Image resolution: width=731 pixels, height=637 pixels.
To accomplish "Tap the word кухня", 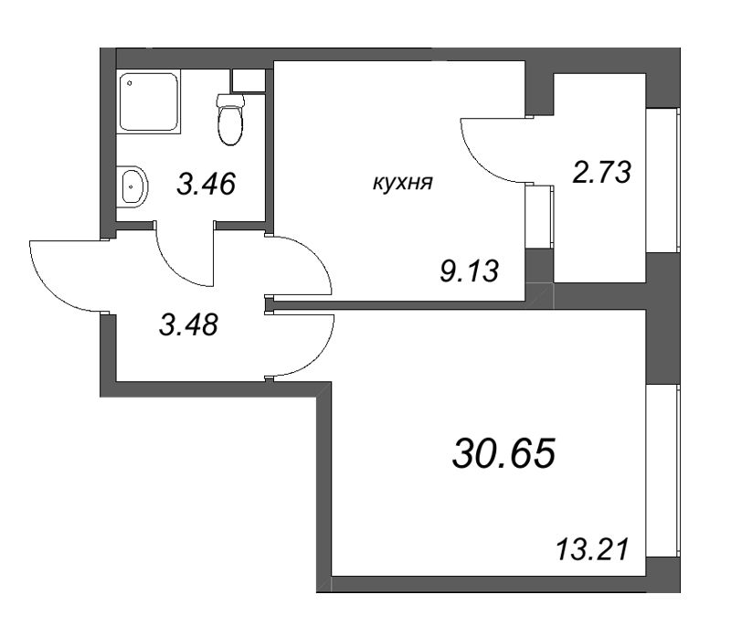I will coord(403,183).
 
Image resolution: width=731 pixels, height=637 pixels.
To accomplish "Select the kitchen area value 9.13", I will coord(469,271).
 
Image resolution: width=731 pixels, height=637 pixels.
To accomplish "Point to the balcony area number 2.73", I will coord(602,173).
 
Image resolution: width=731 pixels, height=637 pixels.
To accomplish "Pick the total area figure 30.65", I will coord(503,451).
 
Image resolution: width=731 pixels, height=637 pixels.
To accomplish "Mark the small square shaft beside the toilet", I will coord(248,80).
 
